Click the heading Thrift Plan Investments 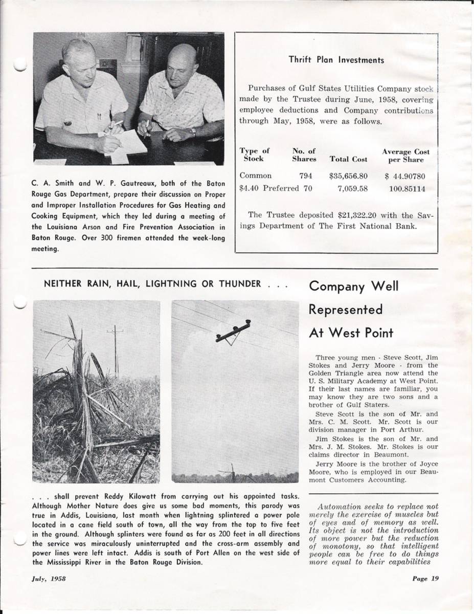pos(336,60)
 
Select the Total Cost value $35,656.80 pos(349,176)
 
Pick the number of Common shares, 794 pos(306,176)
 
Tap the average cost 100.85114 pos(408,188)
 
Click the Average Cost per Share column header pos(405,156)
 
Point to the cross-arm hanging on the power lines pos(233,332)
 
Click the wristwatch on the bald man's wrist pos(193,131)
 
